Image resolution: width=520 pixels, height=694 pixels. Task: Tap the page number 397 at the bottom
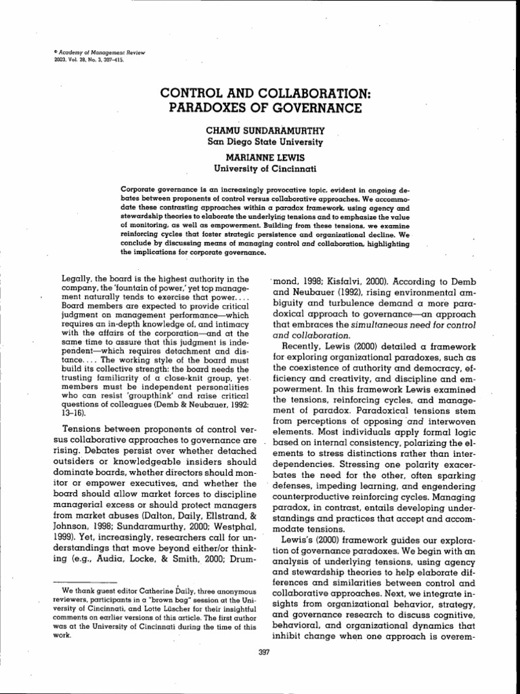259,653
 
